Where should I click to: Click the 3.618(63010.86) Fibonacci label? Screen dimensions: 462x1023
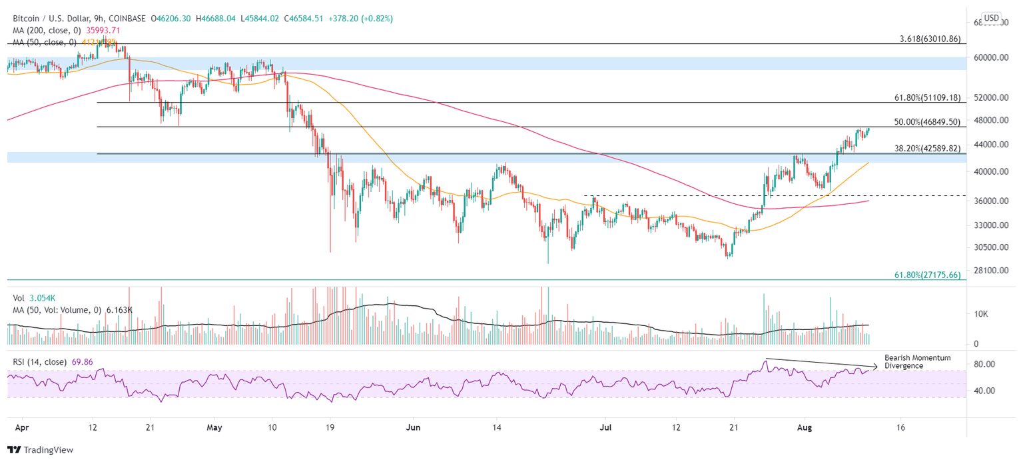point(926,39)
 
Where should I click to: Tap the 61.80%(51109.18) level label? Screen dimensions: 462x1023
point(926,97)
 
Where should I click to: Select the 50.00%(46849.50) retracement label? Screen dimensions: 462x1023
point(926,122)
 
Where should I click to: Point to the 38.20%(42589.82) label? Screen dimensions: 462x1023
point(926,149)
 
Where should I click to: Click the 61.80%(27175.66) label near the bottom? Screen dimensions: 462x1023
point(926,275)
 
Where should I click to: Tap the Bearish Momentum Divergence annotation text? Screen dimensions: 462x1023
point(917,362)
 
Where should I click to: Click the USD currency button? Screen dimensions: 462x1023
point(992,18)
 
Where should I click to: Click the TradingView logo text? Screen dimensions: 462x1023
point(46,450)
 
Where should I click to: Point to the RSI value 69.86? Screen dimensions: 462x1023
point(83,362)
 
